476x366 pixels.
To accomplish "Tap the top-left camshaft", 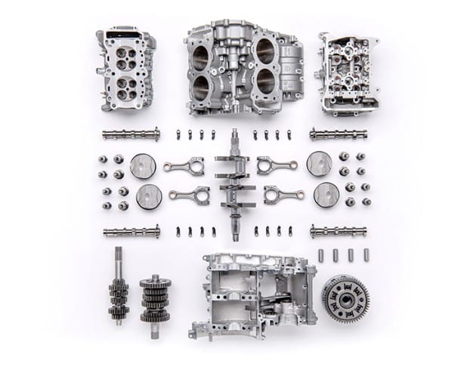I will [x=131, y=135].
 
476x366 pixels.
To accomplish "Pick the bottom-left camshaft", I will [x=131, y=232].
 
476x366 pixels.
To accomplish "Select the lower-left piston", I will [x=149, y=197].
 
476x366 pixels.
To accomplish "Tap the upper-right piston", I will [x=319, y=163].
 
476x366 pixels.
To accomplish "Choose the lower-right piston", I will [x=326, y=195].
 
